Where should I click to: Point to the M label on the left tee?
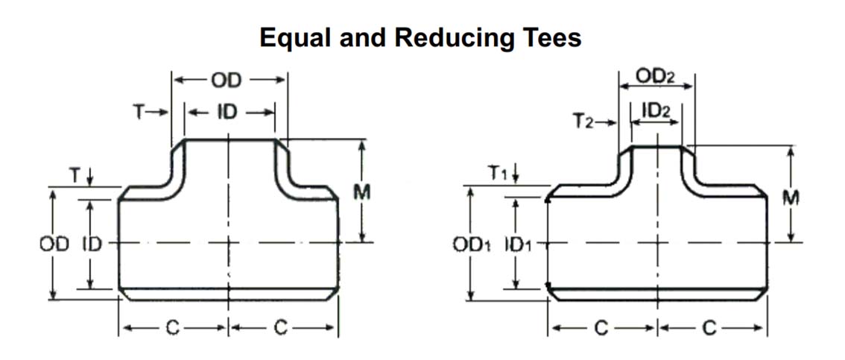tap(362, 192)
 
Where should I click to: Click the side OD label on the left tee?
tap(54, 244)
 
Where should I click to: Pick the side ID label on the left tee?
tap(92, 244)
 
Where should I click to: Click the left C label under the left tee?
tap(173, 328)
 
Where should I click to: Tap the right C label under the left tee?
tap(281, 328)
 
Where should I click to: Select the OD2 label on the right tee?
tap(656, 76)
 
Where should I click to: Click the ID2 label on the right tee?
tap(656, 110)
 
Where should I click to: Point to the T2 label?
tap(583, 119)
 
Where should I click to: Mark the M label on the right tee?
tap(791, 198)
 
